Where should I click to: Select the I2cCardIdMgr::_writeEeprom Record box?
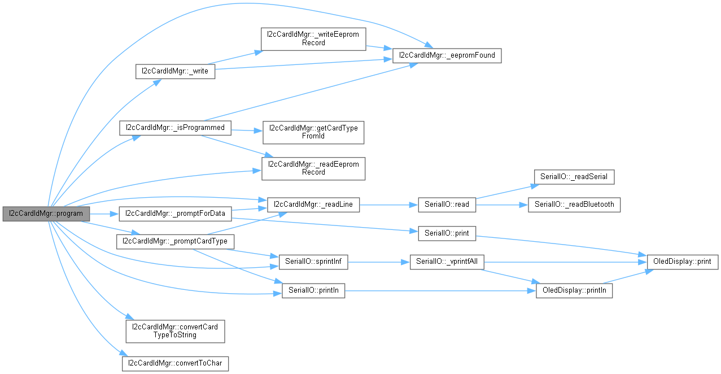pos(313,38)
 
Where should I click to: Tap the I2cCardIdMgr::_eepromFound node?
pos(447,55)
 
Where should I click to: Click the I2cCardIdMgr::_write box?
pos(175,72)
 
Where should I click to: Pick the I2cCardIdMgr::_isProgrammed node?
pos(175,128)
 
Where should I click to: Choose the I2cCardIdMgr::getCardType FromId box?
pos(313,132)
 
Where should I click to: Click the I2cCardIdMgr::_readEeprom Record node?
pos(313,168)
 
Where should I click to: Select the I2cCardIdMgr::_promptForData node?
pos(175,214)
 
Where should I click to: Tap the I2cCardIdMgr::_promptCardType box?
pos(175,241)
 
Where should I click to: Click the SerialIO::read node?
pos(447,205)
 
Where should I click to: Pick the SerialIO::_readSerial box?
pos(574,177)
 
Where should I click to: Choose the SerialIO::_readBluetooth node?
pos(574,205)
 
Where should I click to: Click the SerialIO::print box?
pos(447,233)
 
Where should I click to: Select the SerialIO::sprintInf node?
pos(313,262)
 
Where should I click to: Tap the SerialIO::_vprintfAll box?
pos(447,262)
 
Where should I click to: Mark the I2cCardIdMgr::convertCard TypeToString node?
pos(175,331)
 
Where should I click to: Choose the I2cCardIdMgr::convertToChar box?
pos(175,362)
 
